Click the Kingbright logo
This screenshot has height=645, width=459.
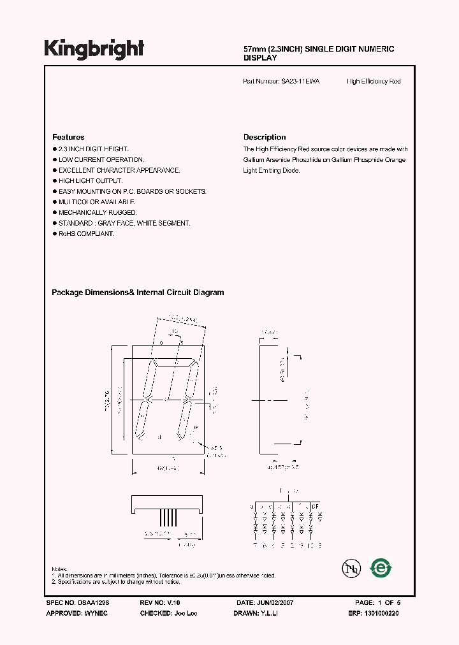(x=94, y=48)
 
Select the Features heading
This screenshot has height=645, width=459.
(x=68, y=137)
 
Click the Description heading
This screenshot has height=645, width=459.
(x=265, y=137)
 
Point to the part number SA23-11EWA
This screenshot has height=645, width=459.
(x=300, y=82)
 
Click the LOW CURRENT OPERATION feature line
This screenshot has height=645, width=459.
(x=101, y=160)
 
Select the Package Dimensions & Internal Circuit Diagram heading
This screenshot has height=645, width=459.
(x=138, y=293)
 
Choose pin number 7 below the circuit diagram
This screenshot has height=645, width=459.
(x=255, y=545)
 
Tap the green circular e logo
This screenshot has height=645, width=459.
(x=381, y=567)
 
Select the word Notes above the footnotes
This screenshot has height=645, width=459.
(x=59, y=569)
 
